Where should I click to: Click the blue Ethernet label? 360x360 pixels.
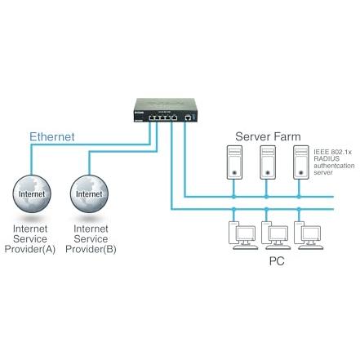pos(51,136)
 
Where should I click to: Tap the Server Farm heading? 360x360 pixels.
pos(268,136)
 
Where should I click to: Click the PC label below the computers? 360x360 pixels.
pos(277,261)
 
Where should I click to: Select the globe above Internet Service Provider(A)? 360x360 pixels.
pos(32,193)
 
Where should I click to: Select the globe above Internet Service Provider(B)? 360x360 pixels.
pos(89,193)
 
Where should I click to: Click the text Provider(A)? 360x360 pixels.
pos(30,249)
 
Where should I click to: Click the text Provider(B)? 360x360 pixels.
pos(91,249)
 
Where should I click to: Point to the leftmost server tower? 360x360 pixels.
pos(234,162)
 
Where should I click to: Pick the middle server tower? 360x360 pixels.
pos(268,162)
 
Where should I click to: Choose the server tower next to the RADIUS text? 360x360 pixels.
pos(301,162)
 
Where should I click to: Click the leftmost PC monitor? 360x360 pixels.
pos(246,233)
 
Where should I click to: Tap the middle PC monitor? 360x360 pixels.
pos(278,233)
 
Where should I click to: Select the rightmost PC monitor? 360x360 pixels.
pos(311,233)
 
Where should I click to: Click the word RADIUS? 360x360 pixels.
pos(327,158)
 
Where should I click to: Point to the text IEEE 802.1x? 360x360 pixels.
pos(332,152)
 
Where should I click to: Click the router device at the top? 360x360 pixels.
pos(166,110)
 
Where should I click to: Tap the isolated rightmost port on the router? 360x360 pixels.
pos(188,118)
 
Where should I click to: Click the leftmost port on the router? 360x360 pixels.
pos(152,118)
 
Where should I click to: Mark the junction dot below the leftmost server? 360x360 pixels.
pos(233,197)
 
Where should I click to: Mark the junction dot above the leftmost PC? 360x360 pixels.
pos(233,209)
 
